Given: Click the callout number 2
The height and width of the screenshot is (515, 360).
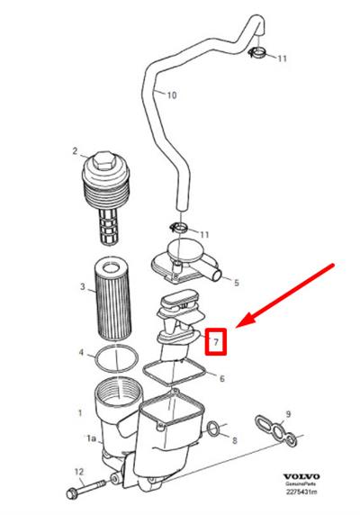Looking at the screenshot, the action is click(x=75, y=151).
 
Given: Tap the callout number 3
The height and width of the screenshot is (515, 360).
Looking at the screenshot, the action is click(x=83, y=286).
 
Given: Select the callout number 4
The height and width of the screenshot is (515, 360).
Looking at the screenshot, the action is click(x=81, y=352).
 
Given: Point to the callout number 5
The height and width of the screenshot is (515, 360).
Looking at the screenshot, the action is click(x=237, y=283).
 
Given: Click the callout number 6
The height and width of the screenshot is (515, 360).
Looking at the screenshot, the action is click(x=222, y=379).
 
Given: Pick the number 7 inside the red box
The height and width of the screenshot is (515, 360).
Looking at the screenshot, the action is click(x=216, y=342).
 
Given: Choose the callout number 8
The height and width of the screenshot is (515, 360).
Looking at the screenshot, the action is click(x=234, y=440).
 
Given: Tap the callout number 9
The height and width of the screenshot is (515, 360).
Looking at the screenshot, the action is click(x=288, y=414).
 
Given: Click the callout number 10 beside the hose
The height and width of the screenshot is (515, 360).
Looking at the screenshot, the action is click(x=172, y=95).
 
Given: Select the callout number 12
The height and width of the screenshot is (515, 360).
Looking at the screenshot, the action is click(x=79, y=473).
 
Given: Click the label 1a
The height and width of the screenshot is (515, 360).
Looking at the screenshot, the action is click(x=91, y=438).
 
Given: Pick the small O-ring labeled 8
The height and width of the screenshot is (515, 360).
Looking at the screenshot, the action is click(x=213, y=429).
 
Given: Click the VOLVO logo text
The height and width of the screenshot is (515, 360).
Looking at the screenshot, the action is click(x=301, y=476).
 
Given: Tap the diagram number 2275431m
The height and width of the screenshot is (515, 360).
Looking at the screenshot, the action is click(x=301, y=492).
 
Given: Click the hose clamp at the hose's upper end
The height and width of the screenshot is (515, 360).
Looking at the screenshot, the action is click(x=257, y=51).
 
